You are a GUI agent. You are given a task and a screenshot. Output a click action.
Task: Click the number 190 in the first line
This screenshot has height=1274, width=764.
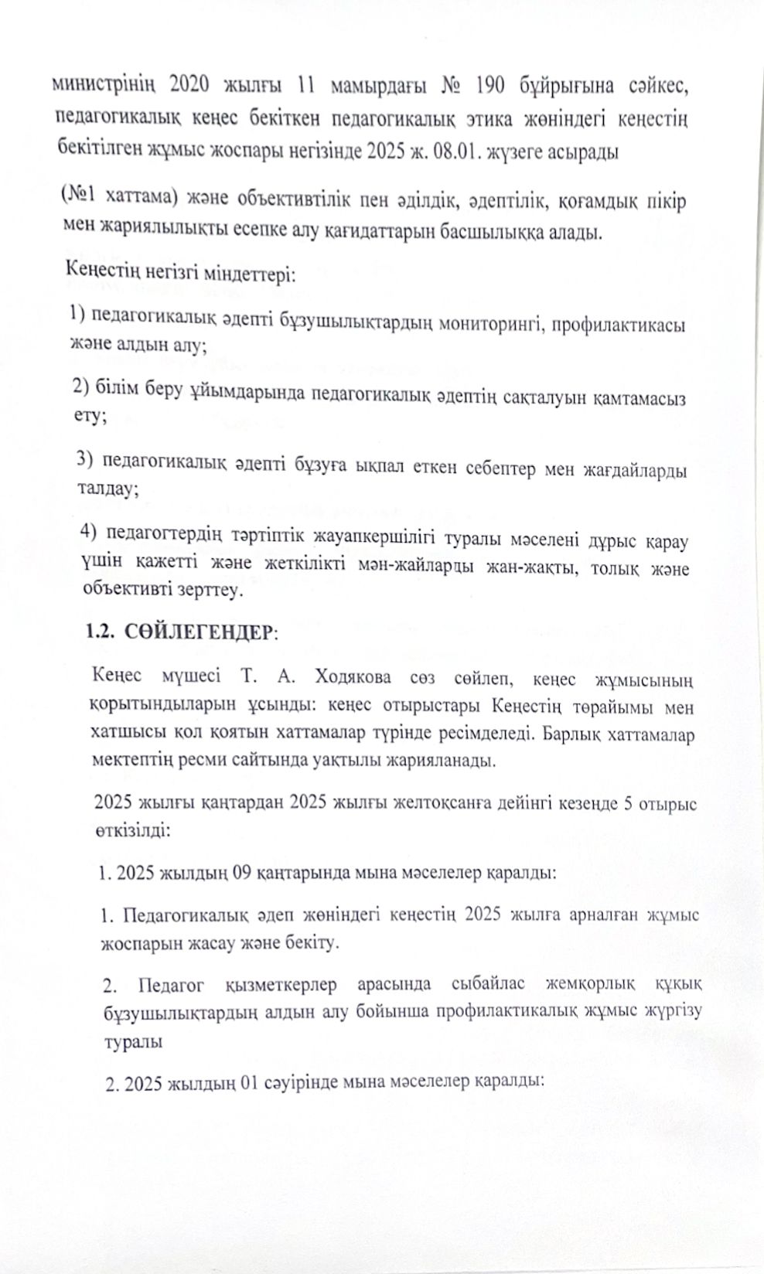click(492, 86)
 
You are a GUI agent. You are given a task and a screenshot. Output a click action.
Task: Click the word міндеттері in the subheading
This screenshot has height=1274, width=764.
click(247, 274)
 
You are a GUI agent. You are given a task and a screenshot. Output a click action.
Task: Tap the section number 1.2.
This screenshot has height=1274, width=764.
click(101, 630)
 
